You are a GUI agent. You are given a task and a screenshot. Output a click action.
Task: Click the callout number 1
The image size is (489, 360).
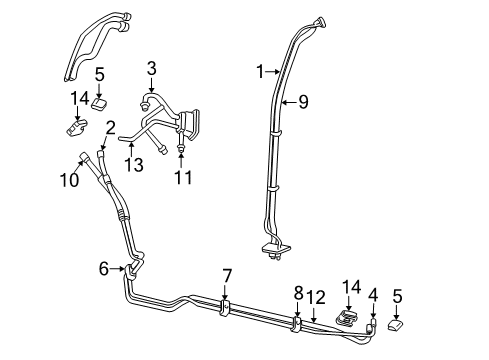coord(260,71)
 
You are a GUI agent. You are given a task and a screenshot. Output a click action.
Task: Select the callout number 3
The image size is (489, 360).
coord(151,69)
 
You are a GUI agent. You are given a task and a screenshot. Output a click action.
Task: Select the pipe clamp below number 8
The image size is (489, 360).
coord(296,323)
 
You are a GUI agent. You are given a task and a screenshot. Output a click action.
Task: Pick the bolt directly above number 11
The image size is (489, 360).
coord(180,150)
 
